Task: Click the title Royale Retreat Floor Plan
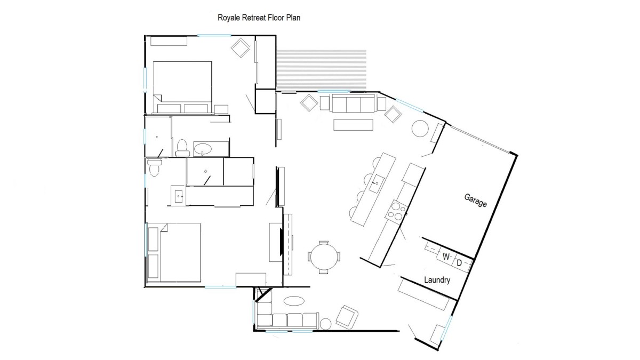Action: pos(259,18)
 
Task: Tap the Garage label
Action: pos(475,201)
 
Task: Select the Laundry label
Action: pos(437,279)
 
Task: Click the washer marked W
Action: pos(446,257)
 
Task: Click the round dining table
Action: pos(324,257)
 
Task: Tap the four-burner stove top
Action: pos(397,211)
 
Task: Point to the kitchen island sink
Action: pos(375,183)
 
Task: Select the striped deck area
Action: pos(322,69)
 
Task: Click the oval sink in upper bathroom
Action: pos(203,149)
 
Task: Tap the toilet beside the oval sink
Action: pos(182,147)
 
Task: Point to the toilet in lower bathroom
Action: pos(154,167)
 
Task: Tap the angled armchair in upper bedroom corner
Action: pos(241,47)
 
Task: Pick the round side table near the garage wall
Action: pos(420,129)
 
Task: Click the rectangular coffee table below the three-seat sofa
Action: pos(354,125)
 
